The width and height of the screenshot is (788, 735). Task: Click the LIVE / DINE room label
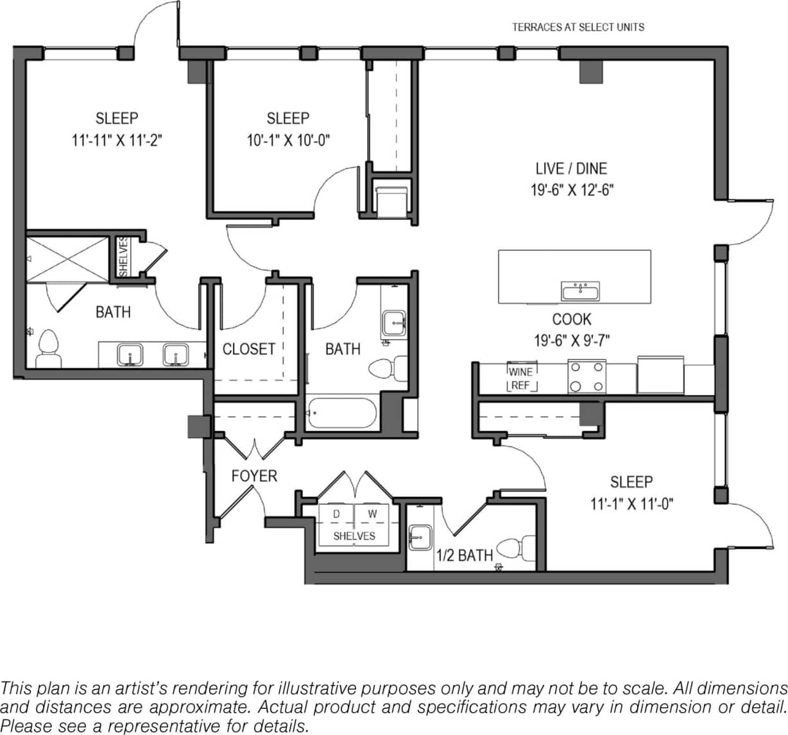[570, 169]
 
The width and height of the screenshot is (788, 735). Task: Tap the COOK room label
[571, 319]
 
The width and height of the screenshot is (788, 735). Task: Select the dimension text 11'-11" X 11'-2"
[117, 140]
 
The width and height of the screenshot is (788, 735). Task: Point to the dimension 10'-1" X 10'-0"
[288, 140]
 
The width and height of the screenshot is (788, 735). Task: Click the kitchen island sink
[580, 292]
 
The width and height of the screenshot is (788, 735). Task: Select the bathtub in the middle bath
[341, 414]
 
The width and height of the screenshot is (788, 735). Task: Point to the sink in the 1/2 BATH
[421, 536]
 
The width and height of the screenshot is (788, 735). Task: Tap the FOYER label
[254, 476]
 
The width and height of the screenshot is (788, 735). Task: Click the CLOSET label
[248, 349]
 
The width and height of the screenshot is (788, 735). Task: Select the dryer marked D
[336, 514]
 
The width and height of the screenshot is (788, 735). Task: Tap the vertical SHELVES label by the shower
[123, 256]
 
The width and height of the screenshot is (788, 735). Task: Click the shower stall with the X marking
[67, 258]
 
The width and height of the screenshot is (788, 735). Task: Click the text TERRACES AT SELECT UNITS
[578, 27]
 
